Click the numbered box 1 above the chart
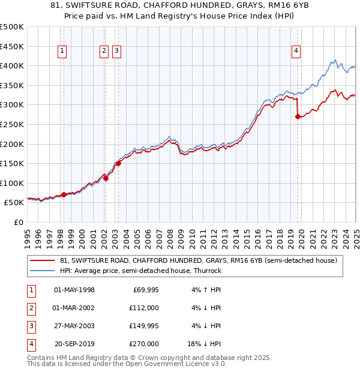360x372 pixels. (x=63, y=52)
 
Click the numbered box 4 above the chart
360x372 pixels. (x=296, y=52)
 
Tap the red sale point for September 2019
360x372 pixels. (x=298, y=117)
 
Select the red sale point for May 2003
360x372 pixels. (x=119, y=163)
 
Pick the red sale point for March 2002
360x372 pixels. (x=106, y=178)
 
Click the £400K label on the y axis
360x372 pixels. (x=12, y=66)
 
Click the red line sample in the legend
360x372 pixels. (x=43, y=260)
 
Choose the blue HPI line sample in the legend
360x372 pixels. (x=43, y=271)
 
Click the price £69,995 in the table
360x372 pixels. (x=145, y=290)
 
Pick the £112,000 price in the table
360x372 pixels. (x=144, y=308)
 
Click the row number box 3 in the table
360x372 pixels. (x=31, y=326)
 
